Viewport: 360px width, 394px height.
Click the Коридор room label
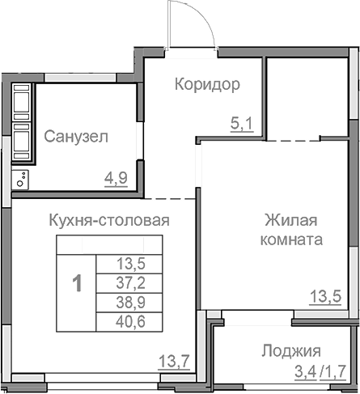tap(207, 85)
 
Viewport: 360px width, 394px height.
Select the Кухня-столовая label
tap(108, 219)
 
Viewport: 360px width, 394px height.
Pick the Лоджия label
tap(291, 351)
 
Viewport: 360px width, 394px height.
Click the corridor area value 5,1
tap(242, 125)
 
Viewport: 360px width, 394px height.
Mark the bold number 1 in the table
tap(77, 284)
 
